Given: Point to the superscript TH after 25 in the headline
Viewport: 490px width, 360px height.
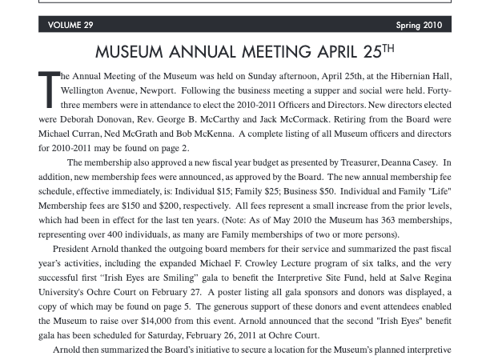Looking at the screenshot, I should point(388,48).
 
